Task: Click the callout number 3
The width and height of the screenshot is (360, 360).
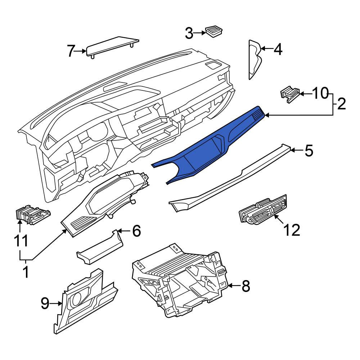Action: coord(189,33)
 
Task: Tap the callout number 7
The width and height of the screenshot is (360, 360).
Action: coord(71,51)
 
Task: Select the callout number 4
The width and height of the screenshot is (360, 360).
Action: coord(278,49)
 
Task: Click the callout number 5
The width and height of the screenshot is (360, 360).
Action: coord(309,150)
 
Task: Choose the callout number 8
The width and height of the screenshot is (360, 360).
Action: coord(246,286)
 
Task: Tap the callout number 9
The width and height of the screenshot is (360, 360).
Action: coord(45,303)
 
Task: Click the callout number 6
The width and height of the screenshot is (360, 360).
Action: coord(136,231)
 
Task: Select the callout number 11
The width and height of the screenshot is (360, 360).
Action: coord(21,240)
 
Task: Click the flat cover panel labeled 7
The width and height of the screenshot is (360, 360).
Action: coord(112,47)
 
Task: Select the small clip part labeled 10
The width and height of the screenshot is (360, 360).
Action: coord(290,94)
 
